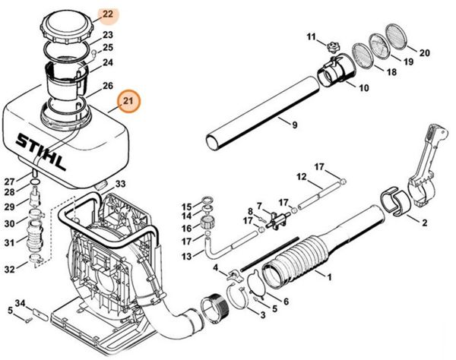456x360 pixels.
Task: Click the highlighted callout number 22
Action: pos(107,14)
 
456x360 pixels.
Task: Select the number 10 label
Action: pos(363,88)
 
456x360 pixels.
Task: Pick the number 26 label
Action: pos(108,86)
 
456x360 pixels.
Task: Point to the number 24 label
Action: pos(108,62)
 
